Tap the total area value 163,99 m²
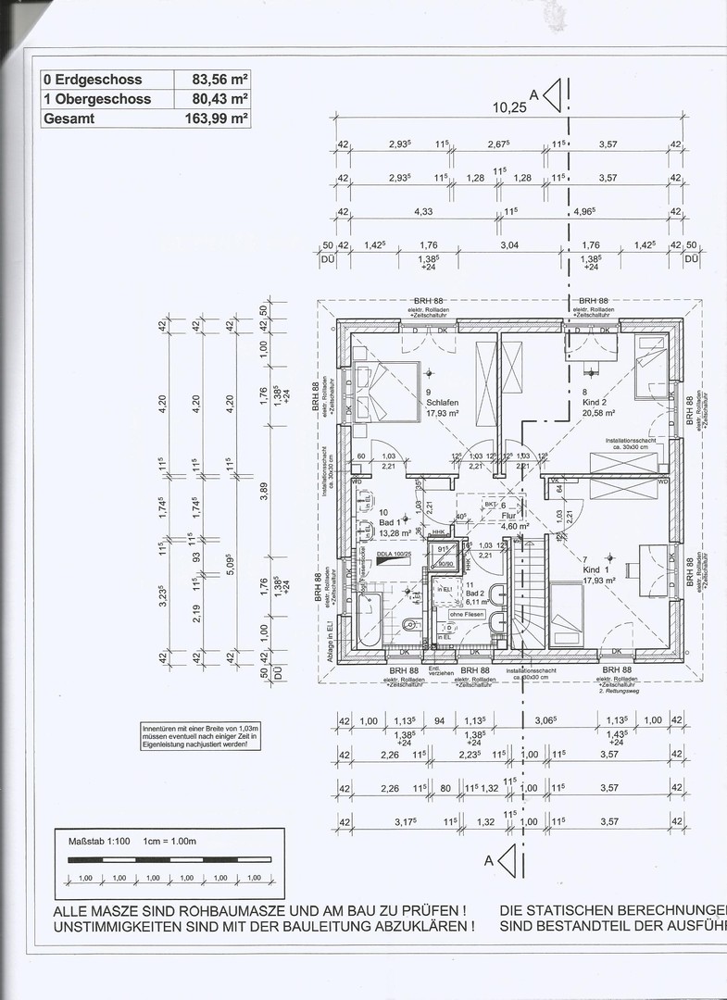[x=214, y=119]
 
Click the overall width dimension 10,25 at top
[x=508, y=107]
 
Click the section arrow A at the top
[x=552, y=94]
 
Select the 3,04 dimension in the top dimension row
[x=508, y=245]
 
